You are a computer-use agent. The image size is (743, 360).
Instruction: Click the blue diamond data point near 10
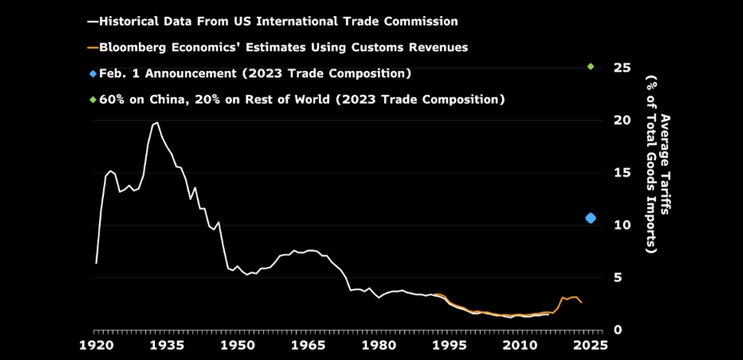tap(591, 218)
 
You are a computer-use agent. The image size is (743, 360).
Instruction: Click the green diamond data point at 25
tap(591, 66)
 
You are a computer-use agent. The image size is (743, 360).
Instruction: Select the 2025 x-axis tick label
tap(589, 345)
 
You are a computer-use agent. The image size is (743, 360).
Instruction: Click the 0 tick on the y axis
tap(617, 329)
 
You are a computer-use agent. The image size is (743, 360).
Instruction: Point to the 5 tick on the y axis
tap(617, 277)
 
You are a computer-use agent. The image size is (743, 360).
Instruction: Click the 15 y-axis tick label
tap(621, 173)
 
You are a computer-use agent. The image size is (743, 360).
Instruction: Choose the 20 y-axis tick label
tap(621, 120)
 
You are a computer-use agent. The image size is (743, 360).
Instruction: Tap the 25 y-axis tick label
tap(621, 68)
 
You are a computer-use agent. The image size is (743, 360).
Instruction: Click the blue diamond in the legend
tap(92, 73)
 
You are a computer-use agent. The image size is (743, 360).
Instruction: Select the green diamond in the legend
tap(92, 100)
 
